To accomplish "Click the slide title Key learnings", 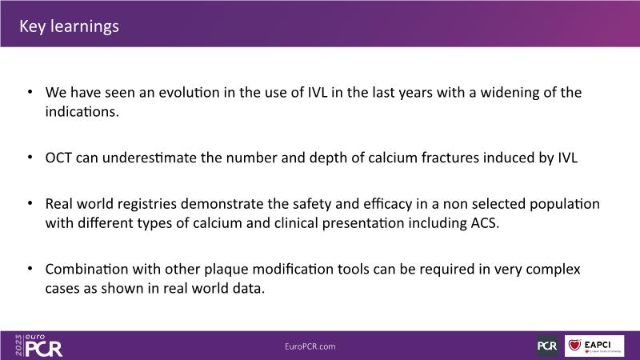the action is (69, 26).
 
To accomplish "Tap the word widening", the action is (510, 93).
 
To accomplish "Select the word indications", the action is (82, 111).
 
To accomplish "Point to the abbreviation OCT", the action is (58, 158).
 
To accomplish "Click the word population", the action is (565, 204).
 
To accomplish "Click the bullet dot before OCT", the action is (30, 157).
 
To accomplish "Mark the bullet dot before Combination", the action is (30, 268).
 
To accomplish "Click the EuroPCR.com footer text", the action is (310, 346).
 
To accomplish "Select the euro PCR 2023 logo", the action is (38, 346).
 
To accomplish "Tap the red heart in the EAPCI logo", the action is (574, 345).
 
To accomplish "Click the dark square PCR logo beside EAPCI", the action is (547, 346).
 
